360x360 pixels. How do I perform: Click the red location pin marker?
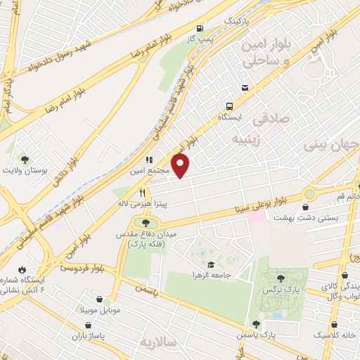tap(181, 165)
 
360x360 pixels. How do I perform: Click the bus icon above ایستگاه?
tap(245, 88)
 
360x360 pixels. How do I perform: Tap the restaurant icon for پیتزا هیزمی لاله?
tap(142, 193)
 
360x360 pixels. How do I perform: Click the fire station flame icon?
tap(22, 269)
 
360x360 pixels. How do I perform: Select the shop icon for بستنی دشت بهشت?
tap(307, 207)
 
